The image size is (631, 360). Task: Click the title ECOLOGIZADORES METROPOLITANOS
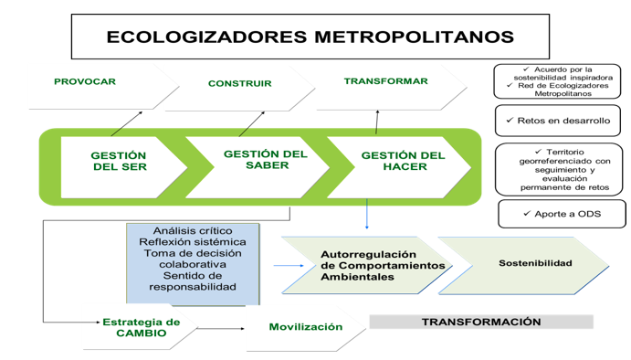[310, 37]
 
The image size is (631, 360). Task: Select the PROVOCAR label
[85, 82]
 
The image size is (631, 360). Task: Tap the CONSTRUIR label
[239, 84]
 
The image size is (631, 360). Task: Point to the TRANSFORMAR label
[385, 81]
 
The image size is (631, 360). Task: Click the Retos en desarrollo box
[557, 121]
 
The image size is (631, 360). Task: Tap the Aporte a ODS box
[562, 213]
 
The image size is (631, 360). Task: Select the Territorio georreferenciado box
[558, 169]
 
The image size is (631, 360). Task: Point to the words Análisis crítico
[193, 231]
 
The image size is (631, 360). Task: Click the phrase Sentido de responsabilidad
[193, 281]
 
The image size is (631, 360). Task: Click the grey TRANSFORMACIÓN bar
[480, 323]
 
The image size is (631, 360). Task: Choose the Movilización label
[305, 326]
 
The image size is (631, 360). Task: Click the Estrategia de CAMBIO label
[141, 327]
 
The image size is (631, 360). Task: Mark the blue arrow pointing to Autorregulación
[289, 266]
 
